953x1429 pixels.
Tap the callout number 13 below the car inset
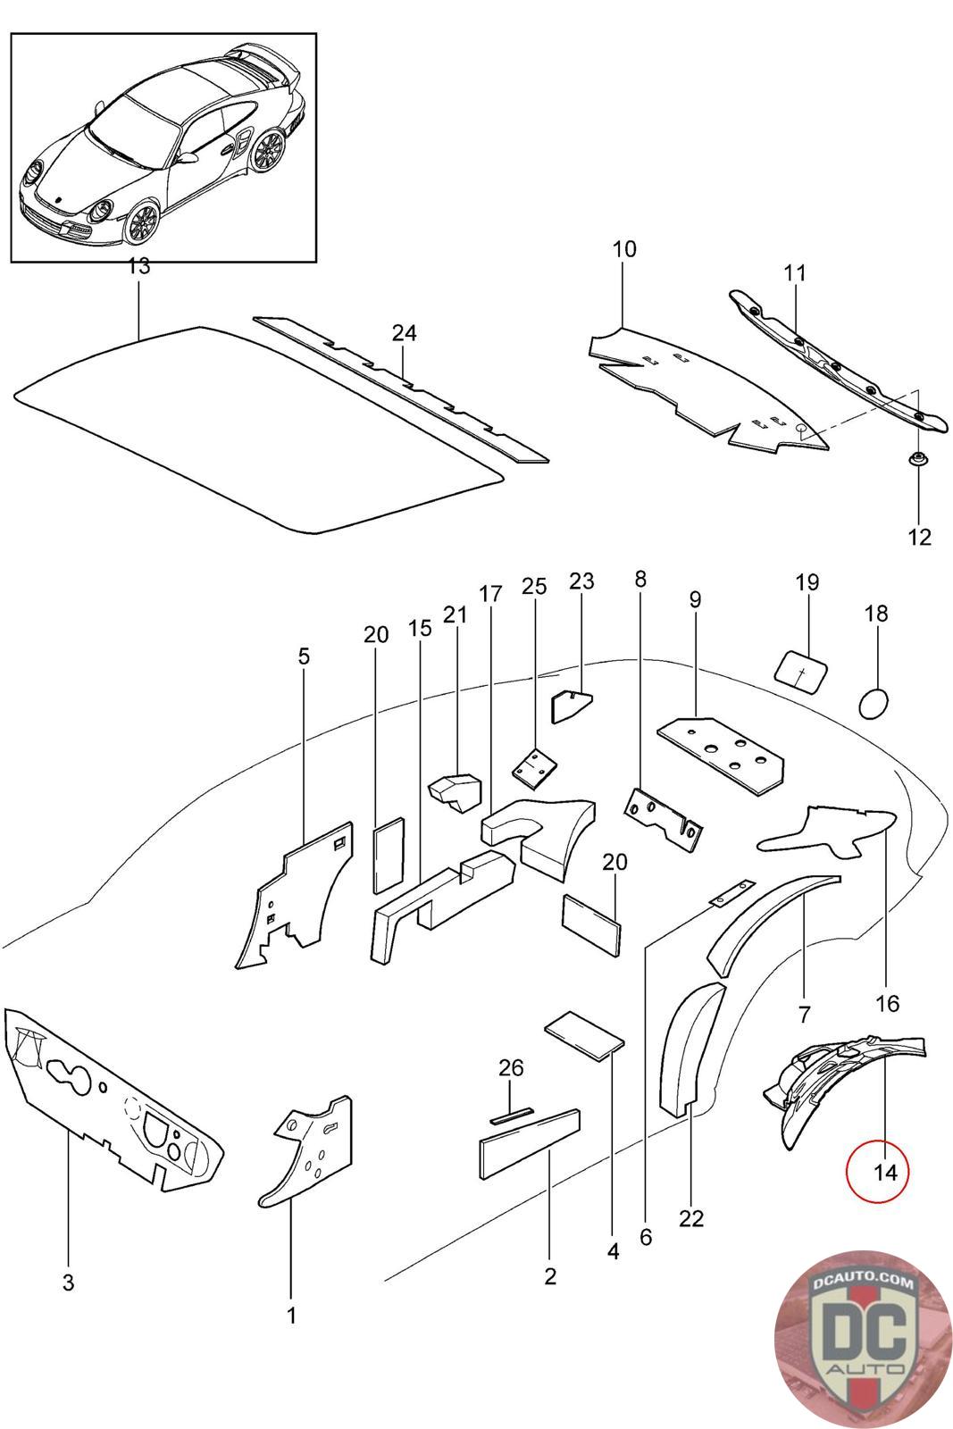[139, 266]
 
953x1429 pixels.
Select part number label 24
[404, 333]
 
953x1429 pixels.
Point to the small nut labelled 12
[916, 460]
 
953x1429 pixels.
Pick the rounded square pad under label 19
[801, 669]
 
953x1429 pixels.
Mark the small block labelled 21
[456, 790]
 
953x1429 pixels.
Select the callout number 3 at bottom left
[68, 1283]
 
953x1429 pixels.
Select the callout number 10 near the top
[624, 248]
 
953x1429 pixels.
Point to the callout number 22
[691, 1218]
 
